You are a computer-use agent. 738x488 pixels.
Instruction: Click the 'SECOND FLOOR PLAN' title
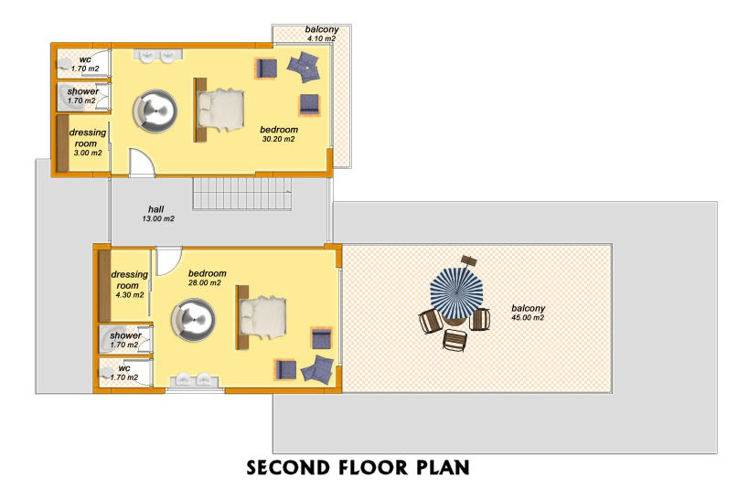click(x=358, y=468)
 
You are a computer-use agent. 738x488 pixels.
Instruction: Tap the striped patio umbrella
click(x=456, y=293)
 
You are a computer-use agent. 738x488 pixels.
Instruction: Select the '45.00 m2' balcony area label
click(x=528, y=318)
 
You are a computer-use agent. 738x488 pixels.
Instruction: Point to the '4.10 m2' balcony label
click(x=322, y=38)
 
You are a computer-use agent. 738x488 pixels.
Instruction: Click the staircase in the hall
click(x=242, y=193)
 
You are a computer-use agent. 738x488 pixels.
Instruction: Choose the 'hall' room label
click(x=156, y=209)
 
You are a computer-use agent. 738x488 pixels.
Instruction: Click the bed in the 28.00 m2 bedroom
click(x=262, y=317)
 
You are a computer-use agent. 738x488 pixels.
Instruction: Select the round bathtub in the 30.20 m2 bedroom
click(x=155, y=111)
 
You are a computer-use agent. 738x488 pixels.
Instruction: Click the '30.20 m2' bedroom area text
click(x=279, y=139)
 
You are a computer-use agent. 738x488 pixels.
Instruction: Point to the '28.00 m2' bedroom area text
click(x=204, y=283)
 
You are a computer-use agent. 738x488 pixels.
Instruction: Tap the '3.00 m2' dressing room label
click(x=88, y=153)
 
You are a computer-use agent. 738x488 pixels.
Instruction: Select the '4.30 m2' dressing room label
click(x=130, y=295)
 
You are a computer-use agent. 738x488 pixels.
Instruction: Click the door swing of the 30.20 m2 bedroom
click(x=142, y=163)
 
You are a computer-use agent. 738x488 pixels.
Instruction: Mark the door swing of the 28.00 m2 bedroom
click(x=168, y=260)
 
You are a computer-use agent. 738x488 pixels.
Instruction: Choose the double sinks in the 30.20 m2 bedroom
click(x=157, y=56)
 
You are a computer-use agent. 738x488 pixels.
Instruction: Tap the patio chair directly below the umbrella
click(x=455, y=340)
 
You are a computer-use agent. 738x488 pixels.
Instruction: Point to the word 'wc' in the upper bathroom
click(x=85, y=59)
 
